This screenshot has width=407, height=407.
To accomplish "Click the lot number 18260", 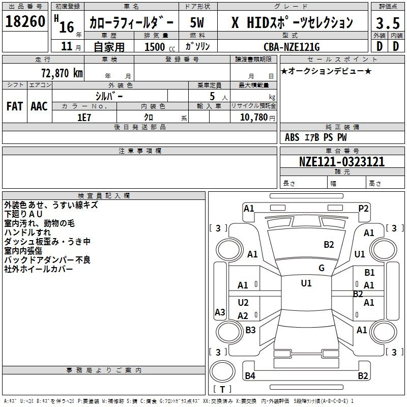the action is [x=25, y=21].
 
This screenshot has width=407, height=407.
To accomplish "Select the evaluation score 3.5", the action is [x=388, y=23].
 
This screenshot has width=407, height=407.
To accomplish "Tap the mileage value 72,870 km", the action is [x=62, y=73].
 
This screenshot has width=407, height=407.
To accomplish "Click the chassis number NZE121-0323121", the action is [x=342, y=161].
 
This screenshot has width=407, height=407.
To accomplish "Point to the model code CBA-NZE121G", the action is [x=292, y=47].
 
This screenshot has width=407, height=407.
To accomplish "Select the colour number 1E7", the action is [x=84, y=118].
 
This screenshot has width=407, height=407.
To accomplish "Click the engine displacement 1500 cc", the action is [x=160, y=47].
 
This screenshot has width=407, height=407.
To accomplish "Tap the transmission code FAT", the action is [x=15, y=106].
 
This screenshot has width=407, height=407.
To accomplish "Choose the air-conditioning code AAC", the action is [x=39, y=106].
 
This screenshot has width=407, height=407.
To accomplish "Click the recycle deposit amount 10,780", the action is [x=253, y=118].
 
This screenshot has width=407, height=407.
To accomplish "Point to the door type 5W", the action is [x=197, y=22].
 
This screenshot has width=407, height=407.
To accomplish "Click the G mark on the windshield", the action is [x=322, y=268].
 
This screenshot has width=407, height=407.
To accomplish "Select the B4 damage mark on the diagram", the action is [x=250, y=375].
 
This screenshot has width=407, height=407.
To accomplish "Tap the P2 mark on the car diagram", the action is [x=363, y=209].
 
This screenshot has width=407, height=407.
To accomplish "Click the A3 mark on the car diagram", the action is [x=220, y=312].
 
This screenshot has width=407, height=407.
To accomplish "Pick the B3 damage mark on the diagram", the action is [x=250, y=330].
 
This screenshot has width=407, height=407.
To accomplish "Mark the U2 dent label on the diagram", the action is [x=243, y=302].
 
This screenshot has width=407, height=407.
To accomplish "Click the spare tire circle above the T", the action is [x=222, y=371].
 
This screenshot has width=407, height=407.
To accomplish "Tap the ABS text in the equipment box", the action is [x=292, y=137].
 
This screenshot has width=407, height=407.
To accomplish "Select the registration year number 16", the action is [x=67, y=27].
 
